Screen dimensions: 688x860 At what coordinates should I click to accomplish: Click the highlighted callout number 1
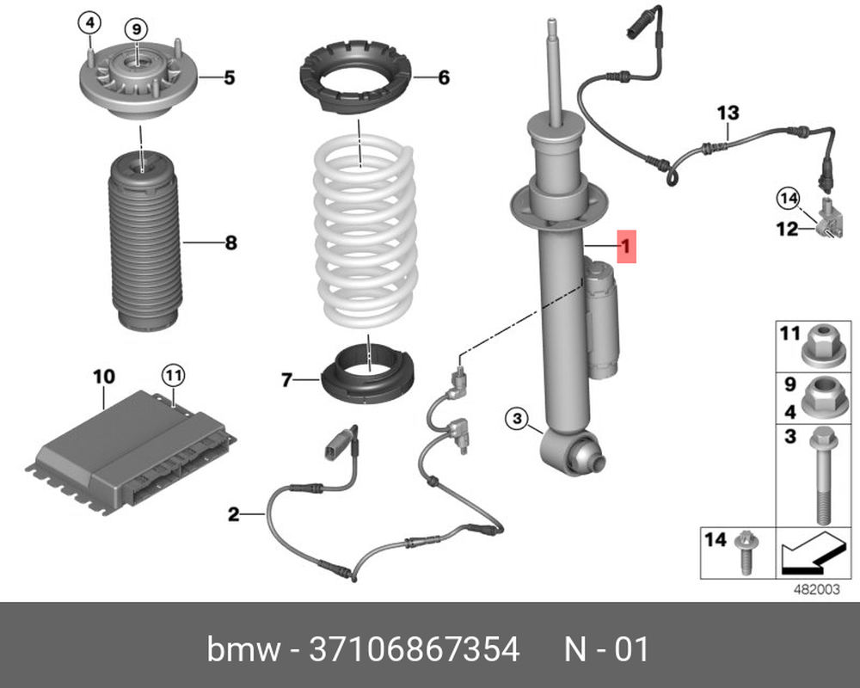627,248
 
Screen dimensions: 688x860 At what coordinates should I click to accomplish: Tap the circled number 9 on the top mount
135,28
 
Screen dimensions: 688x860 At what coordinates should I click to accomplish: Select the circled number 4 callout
89,22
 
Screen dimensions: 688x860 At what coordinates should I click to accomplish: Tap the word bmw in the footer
243,649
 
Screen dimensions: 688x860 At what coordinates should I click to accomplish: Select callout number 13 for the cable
728,113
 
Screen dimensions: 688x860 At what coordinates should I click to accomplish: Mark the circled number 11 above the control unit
174,375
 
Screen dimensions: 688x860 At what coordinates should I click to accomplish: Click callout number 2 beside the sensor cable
233,515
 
